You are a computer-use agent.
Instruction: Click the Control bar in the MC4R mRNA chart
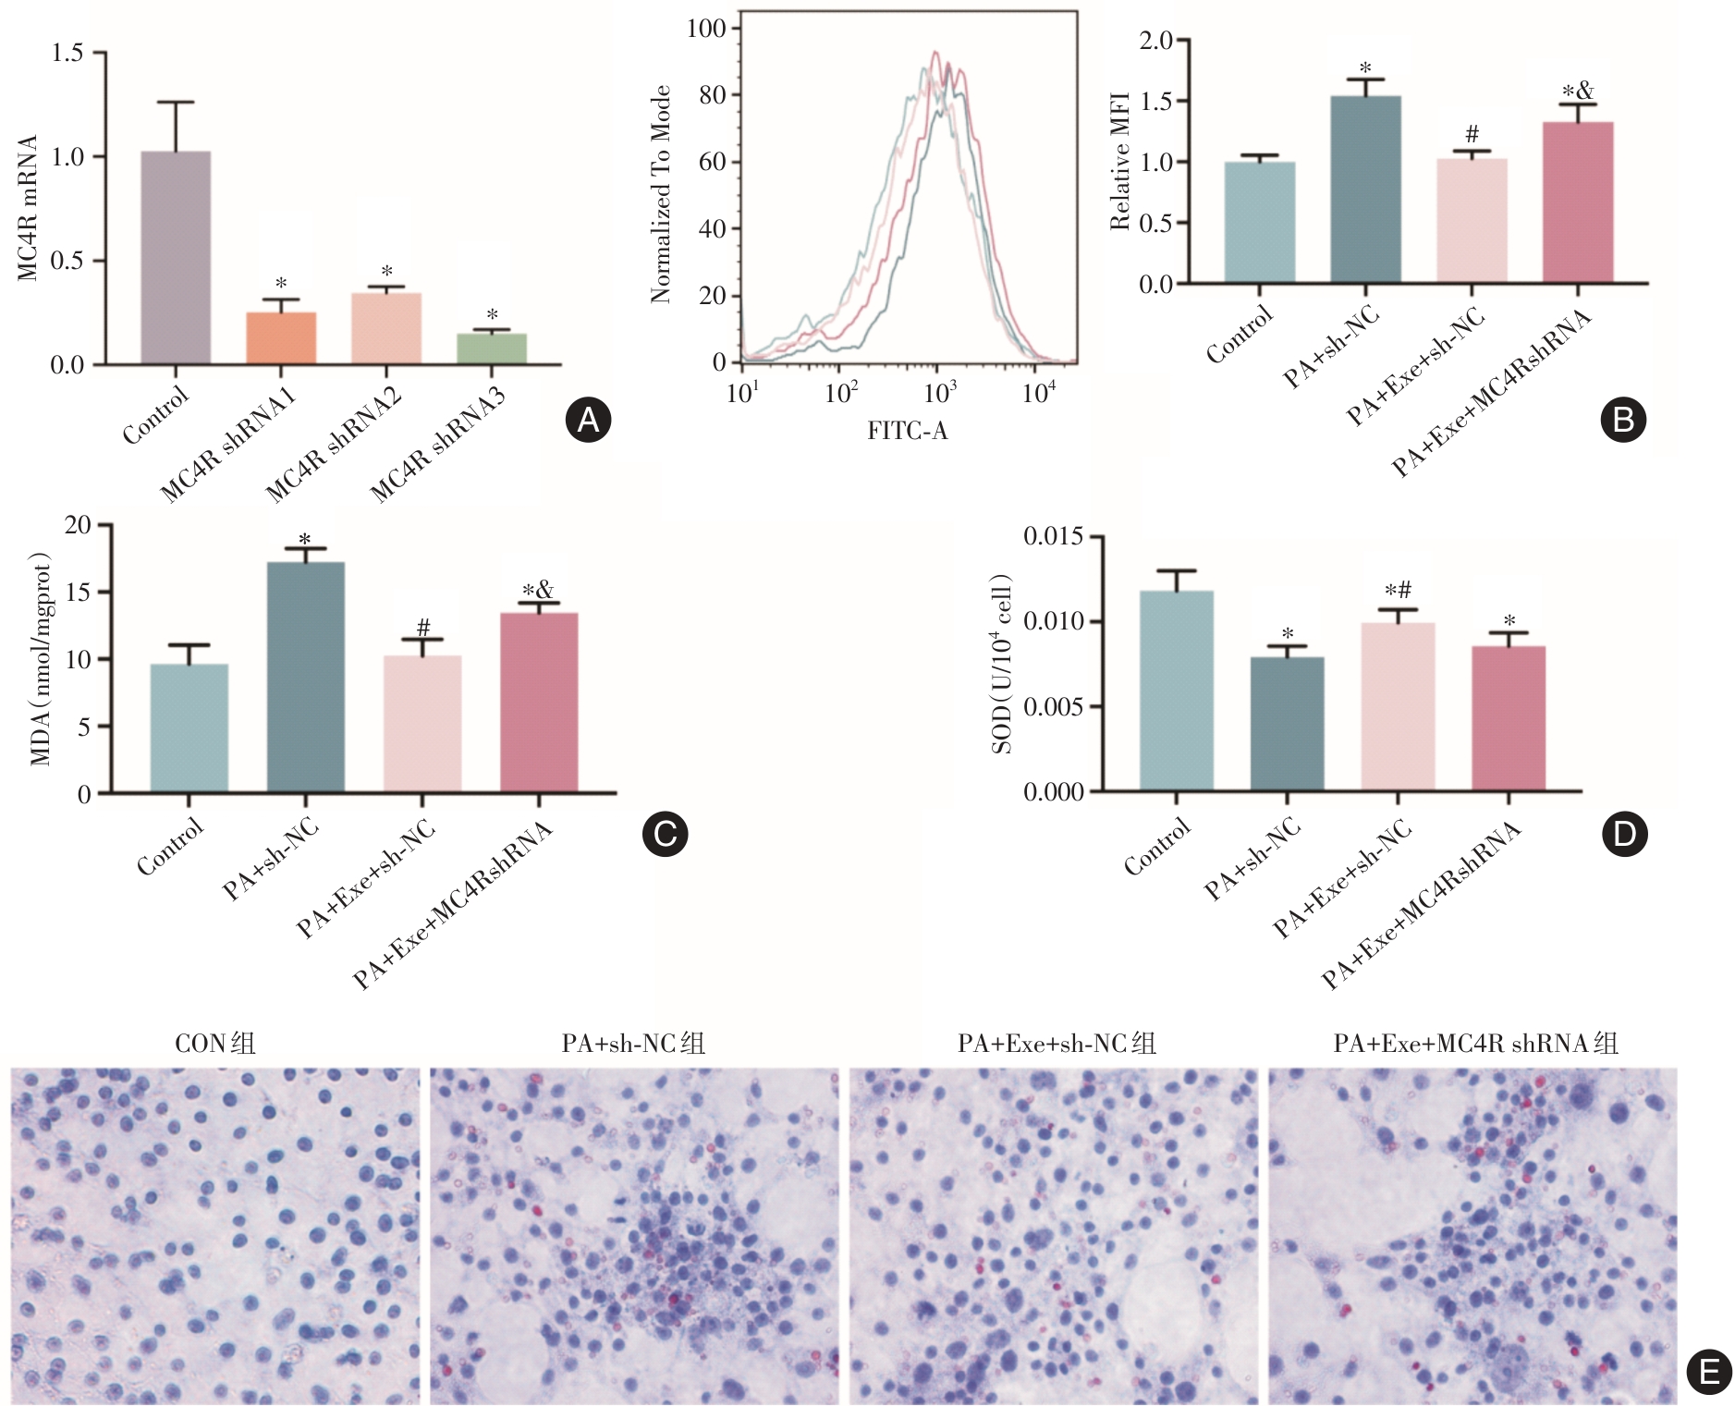click(x=176, y=258)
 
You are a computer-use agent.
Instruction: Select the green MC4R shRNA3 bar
click(x=492, y=348)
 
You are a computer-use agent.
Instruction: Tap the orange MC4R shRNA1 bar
click(x=281, y=338)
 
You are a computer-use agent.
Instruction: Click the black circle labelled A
click(x=588, y=421)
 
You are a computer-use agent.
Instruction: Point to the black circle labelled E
click(x=1709, y=1372)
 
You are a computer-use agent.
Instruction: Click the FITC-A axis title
click(x=907, y=431)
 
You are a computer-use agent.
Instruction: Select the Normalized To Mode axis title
click(x=660, y=195)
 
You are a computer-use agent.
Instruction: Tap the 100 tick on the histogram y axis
click(x=706, y=29)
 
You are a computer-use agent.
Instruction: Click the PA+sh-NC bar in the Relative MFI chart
click(x=1365, y=190)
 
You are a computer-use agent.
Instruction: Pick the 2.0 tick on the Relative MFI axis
click(x=1155, y=41)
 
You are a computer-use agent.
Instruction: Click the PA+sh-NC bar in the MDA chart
click(x=306, y=678)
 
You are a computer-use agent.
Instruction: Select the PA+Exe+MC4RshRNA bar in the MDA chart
click(x=539, y=703)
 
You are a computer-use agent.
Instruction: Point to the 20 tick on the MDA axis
click(x=79, y=525)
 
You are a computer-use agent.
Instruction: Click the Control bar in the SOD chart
click(x=1176, y=691)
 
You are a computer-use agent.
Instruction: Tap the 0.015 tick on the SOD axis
click(x=1053, y=537)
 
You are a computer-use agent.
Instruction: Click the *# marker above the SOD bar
click(x=1398, y=591)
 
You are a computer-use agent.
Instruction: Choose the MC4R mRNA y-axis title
click(x=28, y=208)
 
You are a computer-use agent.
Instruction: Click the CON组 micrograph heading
click(x=214, y=1044)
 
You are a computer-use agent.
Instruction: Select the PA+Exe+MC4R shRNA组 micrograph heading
click(x=1475, y=1044)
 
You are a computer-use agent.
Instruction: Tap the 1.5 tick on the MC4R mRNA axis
click(x=67, y=53)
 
